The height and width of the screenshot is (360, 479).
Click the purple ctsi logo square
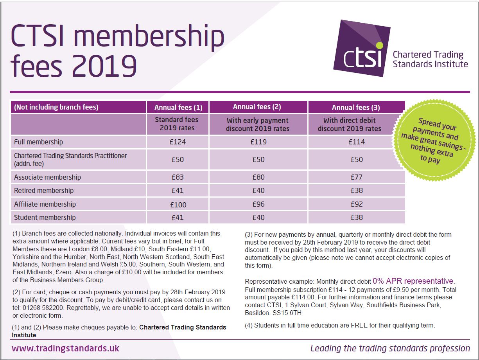coord(362,48)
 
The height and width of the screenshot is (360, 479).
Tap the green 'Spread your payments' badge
coord(434,140)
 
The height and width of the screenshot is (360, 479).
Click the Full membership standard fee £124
coord(178,142)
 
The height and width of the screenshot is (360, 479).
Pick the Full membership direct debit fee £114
coord(357,142)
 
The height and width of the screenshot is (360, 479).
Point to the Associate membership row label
coord(47,177)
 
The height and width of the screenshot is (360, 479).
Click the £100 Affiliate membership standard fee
coord(178,205)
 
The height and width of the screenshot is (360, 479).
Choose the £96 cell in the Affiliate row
coord(258,204)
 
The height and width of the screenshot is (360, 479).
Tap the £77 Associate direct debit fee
coord(357,177)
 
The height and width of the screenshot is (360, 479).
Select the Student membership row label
coord(45,218)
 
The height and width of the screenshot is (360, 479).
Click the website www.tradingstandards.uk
coord(65,348)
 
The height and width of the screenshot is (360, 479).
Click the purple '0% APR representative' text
coord(413,281)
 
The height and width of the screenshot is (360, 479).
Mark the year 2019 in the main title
coord(104,66)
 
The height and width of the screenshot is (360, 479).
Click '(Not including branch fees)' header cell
coord(56,107)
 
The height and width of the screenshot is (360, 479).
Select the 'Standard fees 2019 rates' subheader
coord(177,124)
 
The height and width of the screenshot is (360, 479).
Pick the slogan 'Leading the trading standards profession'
coord(390,348)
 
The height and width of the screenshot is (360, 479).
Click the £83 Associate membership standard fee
coord(178,177)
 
